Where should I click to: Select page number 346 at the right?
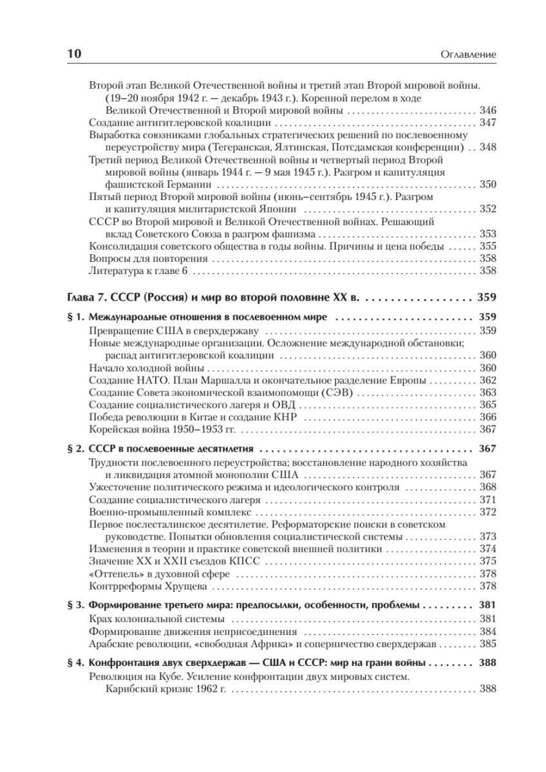point(487,110)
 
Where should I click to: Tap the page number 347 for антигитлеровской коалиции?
point(487,122)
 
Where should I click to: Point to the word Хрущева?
point(185,586)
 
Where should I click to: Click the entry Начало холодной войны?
point(146,368)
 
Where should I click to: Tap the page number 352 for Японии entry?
point(487,208)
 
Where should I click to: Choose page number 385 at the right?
point(487,643)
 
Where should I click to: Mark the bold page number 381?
point(487,605)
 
